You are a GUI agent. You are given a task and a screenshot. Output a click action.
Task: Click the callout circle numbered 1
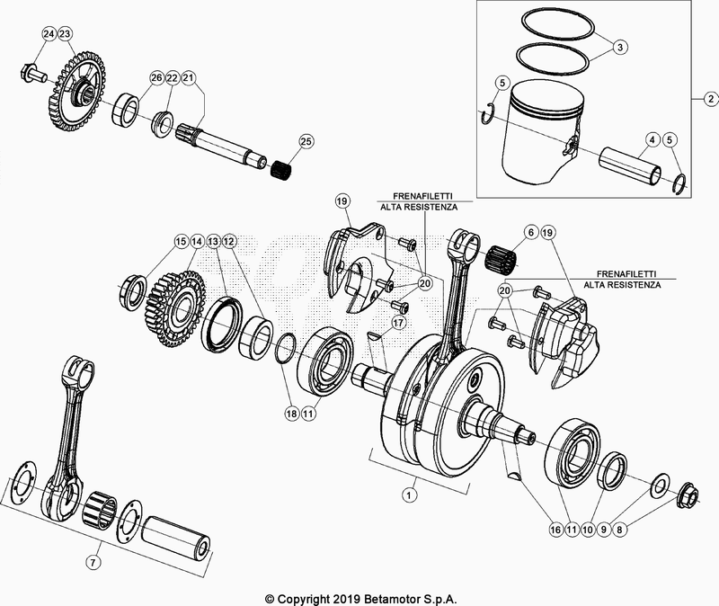tap(411, 494)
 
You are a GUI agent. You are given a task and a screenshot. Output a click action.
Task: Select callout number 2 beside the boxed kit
tap(709, 98)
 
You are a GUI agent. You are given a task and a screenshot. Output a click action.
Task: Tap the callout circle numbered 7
tap(93, 562)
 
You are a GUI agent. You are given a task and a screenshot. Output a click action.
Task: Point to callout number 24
tap(49, 34)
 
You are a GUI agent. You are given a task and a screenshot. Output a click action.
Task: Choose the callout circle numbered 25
tap(306, 142)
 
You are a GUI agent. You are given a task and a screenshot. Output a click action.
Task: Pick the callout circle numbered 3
tap(620, 46)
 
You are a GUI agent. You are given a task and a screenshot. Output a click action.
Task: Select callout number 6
tap(530, 233)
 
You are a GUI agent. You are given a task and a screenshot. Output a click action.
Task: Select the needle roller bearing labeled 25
tap(285, 167)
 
